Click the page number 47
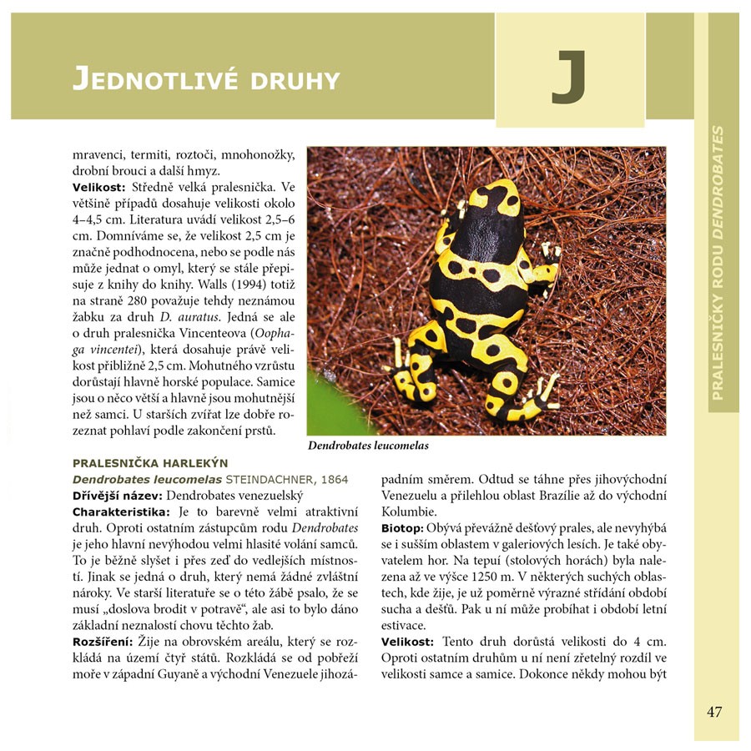[x=714, y=712]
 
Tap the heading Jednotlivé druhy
[x=206, y=80]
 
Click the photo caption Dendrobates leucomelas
[x=368, y=446]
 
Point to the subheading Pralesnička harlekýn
[x=150, y=463]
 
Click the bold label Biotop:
[x=402, y=528]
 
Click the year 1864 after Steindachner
[x=333, y=480]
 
